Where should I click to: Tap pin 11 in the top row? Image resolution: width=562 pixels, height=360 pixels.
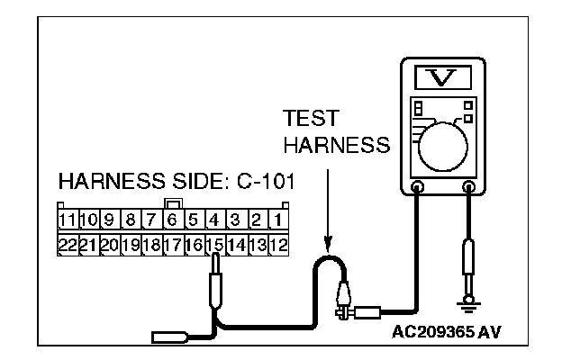[67, 220]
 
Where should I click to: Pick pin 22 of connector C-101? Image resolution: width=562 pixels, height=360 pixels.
[67, 243]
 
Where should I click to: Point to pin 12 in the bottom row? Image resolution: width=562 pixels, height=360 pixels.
[278, 243]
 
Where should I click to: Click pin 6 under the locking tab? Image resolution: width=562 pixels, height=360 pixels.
[173, 220]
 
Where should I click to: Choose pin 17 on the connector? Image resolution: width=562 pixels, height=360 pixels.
[173, 243]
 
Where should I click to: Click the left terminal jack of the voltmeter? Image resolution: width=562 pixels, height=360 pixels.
[418, 187]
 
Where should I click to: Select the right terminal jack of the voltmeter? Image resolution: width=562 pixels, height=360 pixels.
[468, 187]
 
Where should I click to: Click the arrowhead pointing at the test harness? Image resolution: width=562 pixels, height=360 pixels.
[329, 242]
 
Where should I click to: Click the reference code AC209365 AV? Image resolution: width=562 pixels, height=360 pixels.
[447, 330]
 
